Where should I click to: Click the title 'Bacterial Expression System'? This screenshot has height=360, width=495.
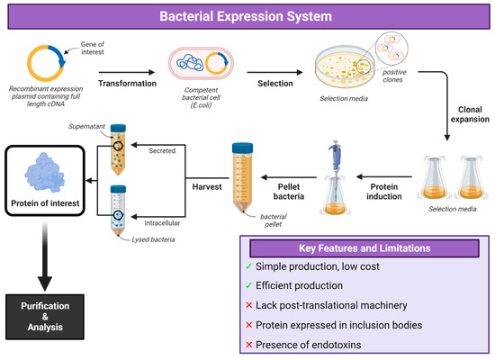pyautogui.click(x=247, y=16)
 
